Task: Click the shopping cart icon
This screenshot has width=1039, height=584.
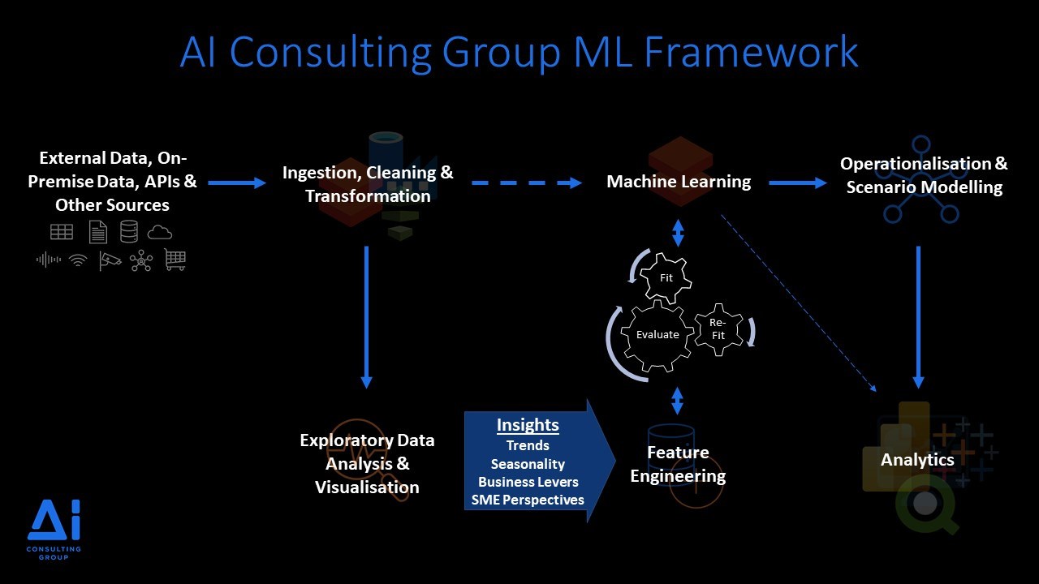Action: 175,260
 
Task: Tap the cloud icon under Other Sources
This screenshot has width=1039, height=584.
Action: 160,233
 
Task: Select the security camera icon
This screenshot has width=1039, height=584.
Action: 110,260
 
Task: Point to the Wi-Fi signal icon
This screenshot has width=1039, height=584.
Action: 78,260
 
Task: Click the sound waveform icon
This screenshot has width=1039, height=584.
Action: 49,260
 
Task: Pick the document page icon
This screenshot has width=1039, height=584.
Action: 97,233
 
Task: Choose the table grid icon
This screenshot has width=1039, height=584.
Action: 62,232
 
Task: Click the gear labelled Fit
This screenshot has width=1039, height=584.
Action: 666,278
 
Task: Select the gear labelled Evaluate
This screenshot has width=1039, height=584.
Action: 657,334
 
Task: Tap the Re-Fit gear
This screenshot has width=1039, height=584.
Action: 718,329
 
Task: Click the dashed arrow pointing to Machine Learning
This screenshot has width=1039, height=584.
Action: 527,182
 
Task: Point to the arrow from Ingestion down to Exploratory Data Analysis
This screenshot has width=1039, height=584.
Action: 366,316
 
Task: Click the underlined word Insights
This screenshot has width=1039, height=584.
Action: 528,425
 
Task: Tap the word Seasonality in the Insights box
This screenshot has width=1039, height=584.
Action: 528,464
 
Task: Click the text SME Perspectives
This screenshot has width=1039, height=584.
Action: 528,500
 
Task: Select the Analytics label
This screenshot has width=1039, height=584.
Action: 917,461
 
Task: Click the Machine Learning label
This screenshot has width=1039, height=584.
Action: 679,182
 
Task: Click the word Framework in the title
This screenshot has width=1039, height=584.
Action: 751,53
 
